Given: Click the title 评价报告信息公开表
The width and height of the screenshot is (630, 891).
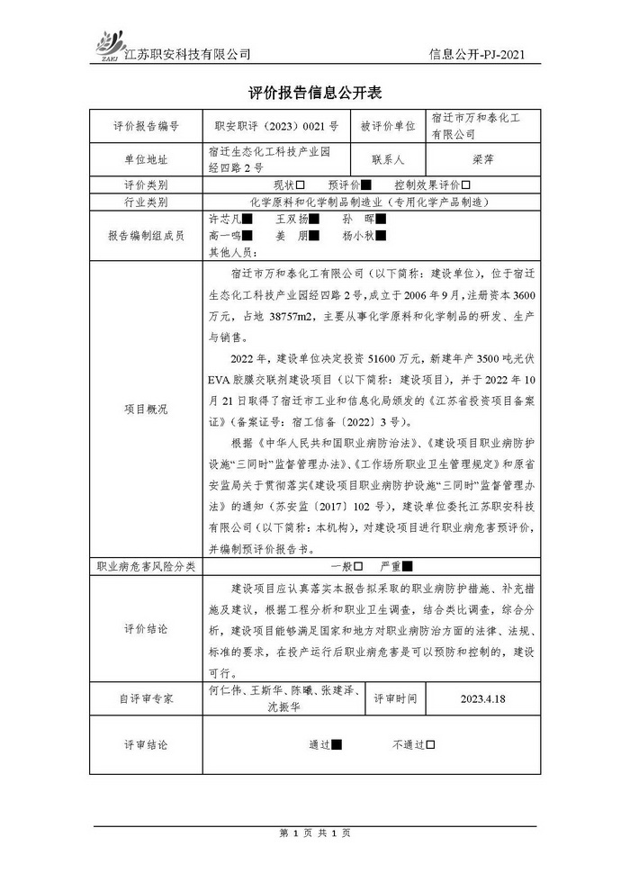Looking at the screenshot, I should coord(314,92).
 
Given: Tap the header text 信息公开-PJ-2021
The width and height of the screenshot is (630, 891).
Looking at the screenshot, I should coord(477,54).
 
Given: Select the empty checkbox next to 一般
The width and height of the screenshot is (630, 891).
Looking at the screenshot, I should coord(357,567).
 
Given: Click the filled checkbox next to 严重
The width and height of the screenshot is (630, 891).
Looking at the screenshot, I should coord(407,567).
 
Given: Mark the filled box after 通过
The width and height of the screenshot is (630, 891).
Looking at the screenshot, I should coord(337,744).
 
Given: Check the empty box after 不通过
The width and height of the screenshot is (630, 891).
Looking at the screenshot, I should coord(430,744).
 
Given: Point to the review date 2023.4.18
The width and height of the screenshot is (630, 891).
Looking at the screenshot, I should coord(481,697).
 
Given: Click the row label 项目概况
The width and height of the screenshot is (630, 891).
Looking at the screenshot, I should coord(146,408).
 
